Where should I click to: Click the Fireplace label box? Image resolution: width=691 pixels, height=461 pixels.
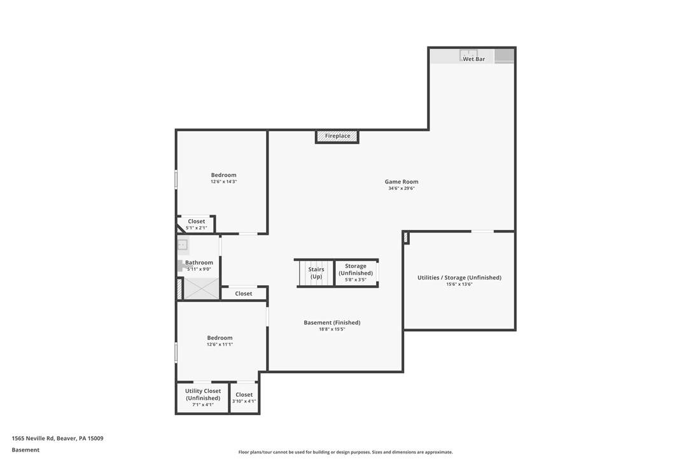[337, 136]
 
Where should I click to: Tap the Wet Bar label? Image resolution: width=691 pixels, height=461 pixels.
[474, 59]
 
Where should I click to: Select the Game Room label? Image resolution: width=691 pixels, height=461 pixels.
[401, 181]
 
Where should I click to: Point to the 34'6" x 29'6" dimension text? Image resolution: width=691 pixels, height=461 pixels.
[401, 188]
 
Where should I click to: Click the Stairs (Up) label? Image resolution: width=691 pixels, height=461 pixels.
[316, 273]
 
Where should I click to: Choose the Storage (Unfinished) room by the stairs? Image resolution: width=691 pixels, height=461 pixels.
[356, 273]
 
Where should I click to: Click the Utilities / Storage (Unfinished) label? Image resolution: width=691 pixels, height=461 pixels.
[459, 278]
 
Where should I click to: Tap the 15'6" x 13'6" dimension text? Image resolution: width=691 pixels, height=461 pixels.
[459, 285]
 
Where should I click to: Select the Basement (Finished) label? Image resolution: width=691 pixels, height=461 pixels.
[332, 322]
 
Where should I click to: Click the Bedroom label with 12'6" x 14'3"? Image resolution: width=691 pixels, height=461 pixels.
[223, 175]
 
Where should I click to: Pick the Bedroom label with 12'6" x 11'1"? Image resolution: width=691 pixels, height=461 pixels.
[220, 338]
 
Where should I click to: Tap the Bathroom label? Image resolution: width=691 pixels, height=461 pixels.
[199, 262]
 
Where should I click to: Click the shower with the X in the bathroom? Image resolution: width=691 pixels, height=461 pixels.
[202, 288]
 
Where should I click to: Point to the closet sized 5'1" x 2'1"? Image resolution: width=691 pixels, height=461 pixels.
[196, 225]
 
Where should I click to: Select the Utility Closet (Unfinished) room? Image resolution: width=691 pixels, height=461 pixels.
[203, 397]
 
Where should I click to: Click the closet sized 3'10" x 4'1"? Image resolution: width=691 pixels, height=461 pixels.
[244, 397]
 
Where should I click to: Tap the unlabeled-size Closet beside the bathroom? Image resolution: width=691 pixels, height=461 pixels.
[244, 294]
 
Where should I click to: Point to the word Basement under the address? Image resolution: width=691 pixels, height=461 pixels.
[25, 450]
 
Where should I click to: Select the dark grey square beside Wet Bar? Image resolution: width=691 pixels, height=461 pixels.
[504, 56]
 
